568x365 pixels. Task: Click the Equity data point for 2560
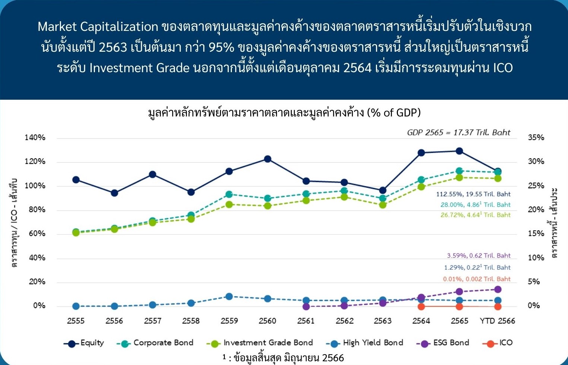[x=268, y=159]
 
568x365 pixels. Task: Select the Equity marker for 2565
[x=459, y=151]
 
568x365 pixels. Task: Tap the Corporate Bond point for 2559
[x=229, y=195]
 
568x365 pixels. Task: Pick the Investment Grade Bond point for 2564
[x=421, y=187]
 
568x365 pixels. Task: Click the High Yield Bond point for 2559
[x=229, y=296]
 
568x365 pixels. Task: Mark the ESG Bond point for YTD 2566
[x=498, y=289]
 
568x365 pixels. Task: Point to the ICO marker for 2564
[x=421, y=307]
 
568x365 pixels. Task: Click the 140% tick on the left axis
[x=35, y=137]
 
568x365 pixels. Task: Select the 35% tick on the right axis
[x=536, y=137]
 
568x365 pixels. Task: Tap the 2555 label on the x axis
[x=76, y=321]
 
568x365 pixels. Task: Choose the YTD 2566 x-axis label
[x=498, y=321]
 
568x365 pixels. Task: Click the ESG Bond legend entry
[x=443, y=343]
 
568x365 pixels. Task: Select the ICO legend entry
[x=497, y=343]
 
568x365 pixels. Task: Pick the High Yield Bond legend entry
[x=364, y=343]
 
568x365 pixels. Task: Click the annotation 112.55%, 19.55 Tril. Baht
[x=473, y=194]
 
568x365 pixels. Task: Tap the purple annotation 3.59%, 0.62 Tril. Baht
[x=479, y=256]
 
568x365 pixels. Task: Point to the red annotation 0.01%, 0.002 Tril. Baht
[x=477, y=279]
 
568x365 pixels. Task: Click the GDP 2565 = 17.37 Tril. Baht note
[x=459, y=132]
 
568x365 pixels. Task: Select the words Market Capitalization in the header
[x=98, y=27]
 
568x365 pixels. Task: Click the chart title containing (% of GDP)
[x=284, y=112]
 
